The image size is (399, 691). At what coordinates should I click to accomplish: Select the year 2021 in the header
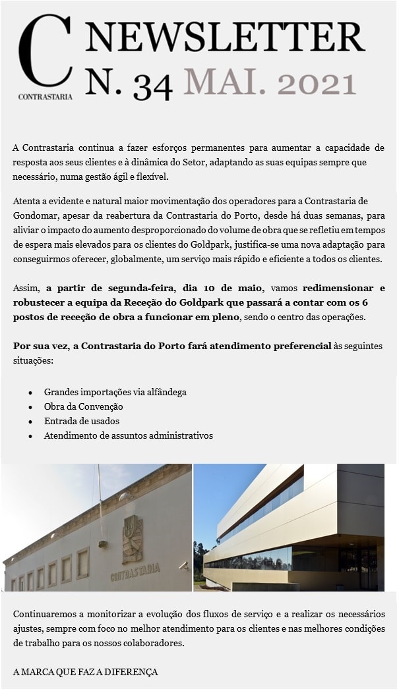pyautogui.click(x=317, y=84)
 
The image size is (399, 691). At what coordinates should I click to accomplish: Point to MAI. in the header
pyautogui.click(x=224, y=84)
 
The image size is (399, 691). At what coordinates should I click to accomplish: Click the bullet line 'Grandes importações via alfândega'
pyautogui.click(x=115, y=392)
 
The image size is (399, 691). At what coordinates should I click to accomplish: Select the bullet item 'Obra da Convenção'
pyautogui.click(x=83, y=406)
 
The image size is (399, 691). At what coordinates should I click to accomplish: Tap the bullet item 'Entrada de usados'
pyautogui.click(x=81, y=421)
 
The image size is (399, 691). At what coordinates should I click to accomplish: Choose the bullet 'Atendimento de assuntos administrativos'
pyautogui.click(x=128, y=435)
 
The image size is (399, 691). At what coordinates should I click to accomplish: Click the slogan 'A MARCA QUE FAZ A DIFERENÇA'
pyautogui.click(x=86, y=673)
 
